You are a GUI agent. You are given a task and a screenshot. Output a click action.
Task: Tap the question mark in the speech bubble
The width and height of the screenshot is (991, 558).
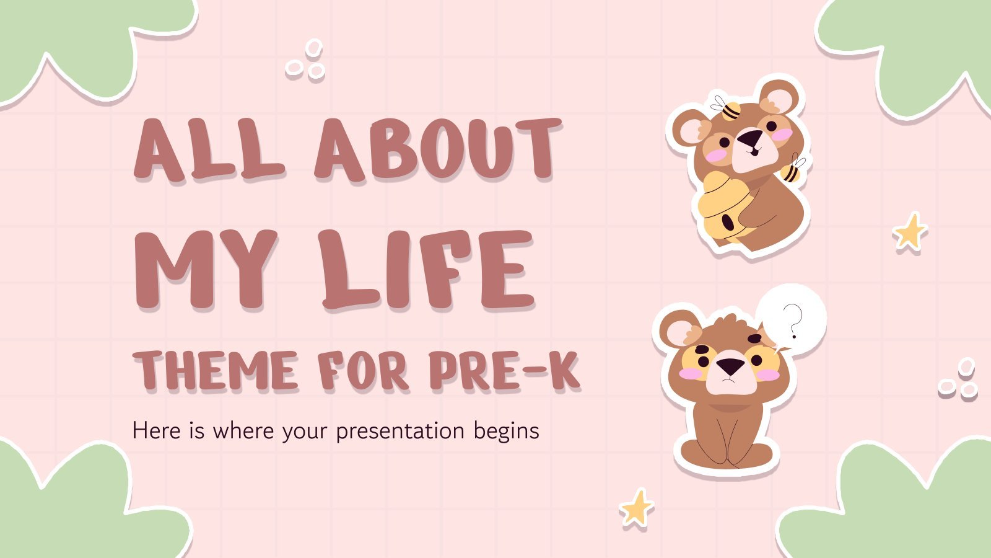pos(793,321)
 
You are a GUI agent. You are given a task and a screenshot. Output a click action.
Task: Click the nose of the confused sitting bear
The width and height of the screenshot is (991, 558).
pos(730,366)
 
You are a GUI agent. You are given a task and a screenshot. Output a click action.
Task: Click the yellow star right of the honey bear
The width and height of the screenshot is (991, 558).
pos(910,232)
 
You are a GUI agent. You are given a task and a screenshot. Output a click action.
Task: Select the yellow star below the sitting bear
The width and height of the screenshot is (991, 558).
pos(637,508)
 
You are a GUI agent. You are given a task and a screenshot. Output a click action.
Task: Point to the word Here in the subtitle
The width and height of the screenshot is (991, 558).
pos(157,430)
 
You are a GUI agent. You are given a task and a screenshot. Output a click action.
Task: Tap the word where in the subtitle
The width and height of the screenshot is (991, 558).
pos(243,430)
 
